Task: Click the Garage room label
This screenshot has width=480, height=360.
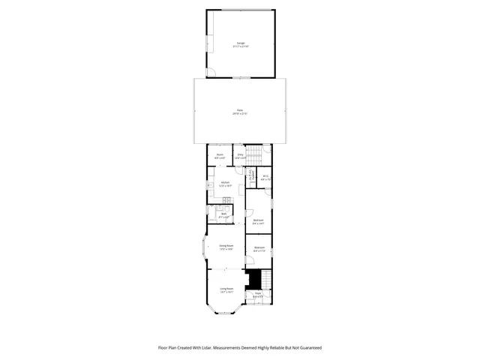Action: (x=241, y=44)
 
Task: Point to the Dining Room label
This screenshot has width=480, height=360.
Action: (x=226, y=247)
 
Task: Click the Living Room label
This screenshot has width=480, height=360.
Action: (x=226, y=289)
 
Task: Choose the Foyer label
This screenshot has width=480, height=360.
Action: (x=258, y=294)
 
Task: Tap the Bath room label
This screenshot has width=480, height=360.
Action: (x=223, y=215)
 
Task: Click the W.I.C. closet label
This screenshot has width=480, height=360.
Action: (x=265, y=178)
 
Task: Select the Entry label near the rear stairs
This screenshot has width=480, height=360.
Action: (x=240, y=156)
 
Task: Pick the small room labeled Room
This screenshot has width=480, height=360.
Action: (x=220, y=156)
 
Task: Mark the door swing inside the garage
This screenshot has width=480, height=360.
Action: (x=211, y=73)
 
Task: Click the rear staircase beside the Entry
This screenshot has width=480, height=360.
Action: (x=254, y=155)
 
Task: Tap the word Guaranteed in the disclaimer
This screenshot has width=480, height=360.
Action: (x=308, y=347)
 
